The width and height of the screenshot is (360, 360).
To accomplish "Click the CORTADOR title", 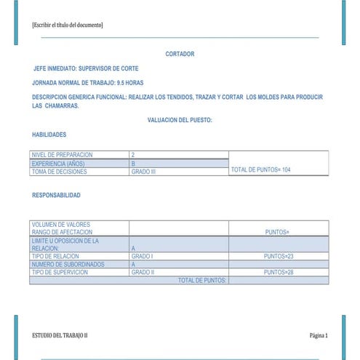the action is [x=180, y=54].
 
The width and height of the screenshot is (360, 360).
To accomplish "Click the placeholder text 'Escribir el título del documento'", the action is [x=68, y=25].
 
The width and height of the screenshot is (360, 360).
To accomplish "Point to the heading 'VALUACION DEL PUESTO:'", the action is [x=180, y=120].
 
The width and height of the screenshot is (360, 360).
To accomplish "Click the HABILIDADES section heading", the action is [x=49, y=135].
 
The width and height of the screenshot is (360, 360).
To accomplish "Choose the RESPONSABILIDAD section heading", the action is [x=57, y=195].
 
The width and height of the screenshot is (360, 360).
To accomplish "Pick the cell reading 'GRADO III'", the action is [x=144, y=172].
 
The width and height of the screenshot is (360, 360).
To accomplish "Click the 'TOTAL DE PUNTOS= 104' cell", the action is [x=260, y=169].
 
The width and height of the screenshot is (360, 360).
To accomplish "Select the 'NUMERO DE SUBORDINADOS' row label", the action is [x=68, y=264].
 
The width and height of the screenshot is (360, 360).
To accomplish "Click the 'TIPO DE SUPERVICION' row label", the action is [x=60, y=272].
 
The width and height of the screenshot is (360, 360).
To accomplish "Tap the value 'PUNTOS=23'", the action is [x=278, y=256].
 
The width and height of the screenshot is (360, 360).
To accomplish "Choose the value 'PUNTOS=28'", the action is [x=278, y=272].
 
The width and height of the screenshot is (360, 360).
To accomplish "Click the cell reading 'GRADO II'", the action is [x=143, y=272].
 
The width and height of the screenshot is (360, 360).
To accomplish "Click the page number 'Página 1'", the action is [x=319, y=335].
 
